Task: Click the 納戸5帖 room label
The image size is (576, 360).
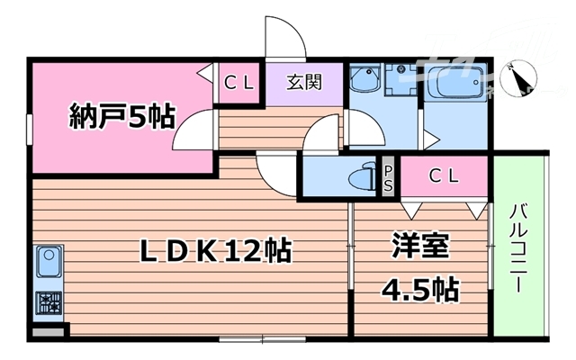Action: click(122, 117)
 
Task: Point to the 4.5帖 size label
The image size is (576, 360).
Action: click(419, 290)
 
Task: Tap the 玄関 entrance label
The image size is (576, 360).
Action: click(303, 84)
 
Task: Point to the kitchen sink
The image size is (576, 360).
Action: click(47, 265)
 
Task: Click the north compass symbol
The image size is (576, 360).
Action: click(520, 77)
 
